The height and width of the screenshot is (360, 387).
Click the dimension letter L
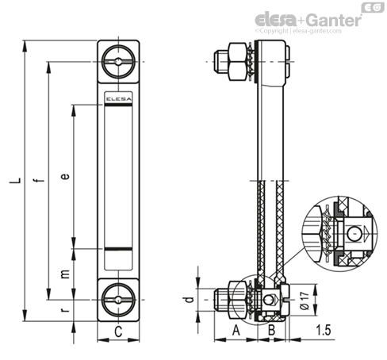[x=15, y=180]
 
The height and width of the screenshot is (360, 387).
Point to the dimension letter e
[x=65, y=176]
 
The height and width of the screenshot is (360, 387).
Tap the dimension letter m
[x=65, y=274]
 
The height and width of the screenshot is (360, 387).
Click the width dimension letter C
[x=118, y=331]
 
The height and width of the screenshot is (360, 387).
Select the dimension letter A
[x=236, y=331]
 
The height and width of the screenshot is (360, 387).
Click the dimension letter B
[x=271, y=331]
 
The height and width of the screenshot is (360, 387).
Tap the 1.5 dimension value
[x=324, y=331]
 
